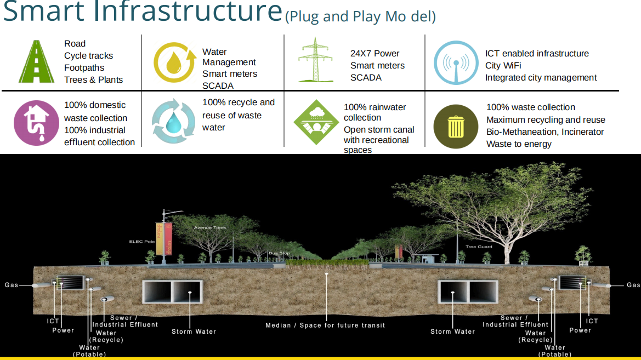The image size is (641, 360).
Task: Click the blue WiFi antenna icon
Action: point(456,62)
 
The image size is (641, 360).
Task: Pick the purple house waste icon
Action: point(36,123)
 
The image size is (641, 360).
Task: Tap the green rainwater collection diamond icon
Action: point(316,121)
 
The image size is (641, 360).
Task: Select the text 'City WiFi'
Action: point(503,66)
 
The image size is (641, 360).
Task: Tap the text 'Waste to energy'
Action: point(519,144)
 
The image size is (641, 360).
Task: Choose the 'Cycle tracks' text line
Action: point(88,56)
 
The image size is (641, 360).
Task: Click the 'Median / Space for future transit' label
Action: point(325,325)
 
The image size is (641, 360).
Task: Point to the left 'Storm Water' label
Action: point(194,332)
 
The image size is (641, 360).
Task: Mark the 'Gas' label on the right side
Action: point(633,285)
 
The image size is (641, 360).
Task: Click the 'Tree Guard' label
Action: point(479,247)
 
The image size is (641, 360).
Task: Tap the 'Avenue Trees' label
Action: point(210,227)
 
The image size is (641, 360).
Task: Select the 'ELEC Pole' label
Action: point(142,242)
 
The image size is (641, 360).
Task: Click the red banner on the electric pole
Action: point(168,239)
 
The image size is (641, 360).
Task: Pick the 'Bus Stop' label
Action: point(279,253)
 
